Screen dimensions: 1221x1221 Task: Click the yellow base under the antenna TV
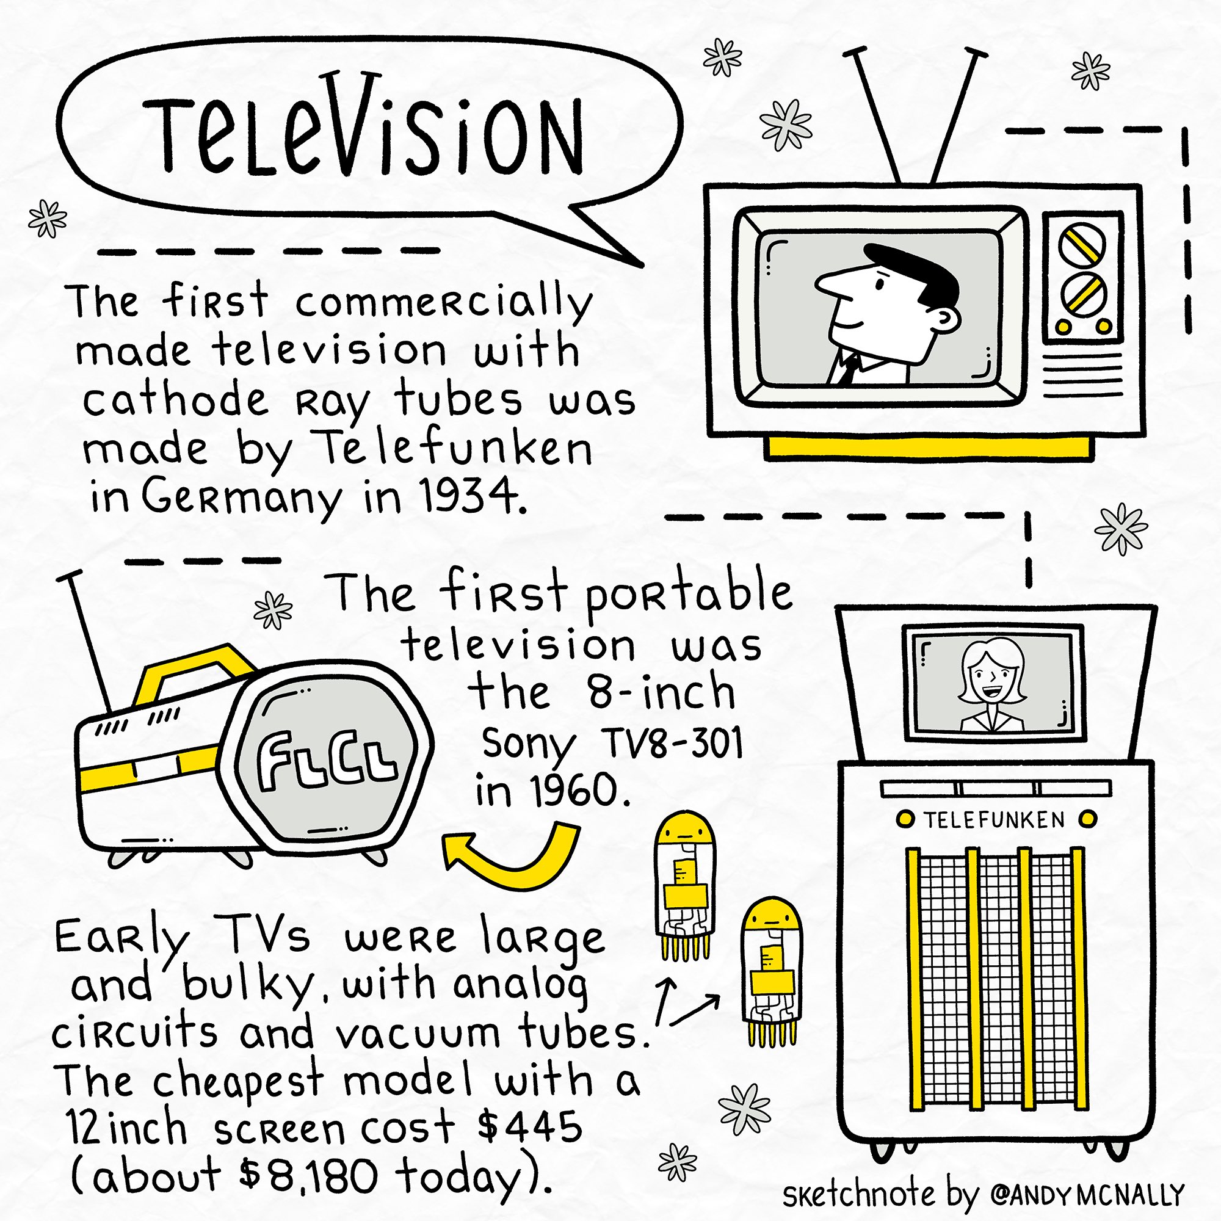[x=929, y=447]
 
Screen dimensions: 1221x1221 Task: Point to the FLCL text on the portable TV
[x=327, y=761]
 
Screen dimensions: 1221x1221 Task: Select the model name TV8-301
[x=673, y=743]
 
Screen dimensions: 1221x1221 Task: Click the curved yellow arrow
[x=512, y=860]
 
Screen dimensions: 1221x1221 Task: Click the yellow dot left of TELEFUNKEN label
[x=905, y=820]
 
